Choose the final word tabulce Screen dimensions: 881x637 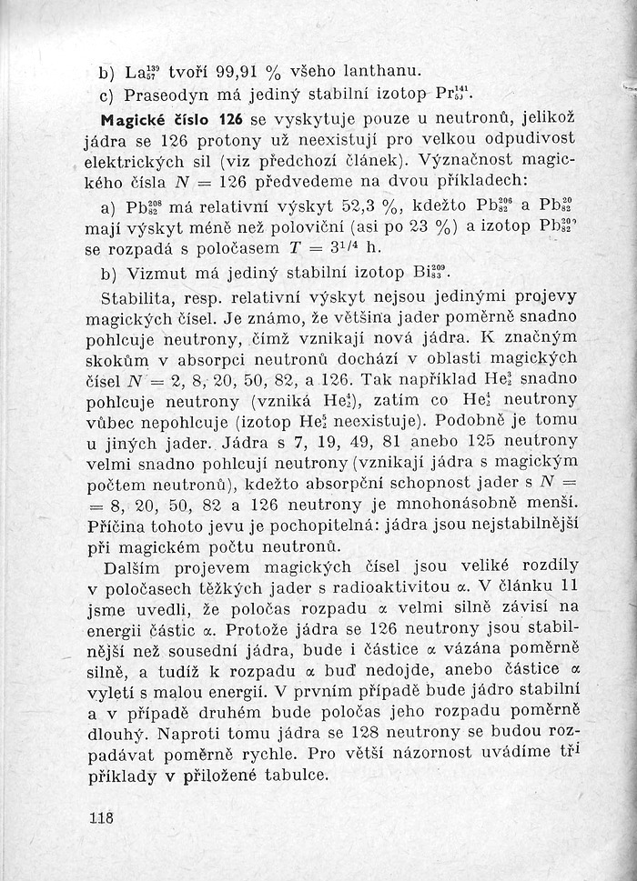click(x=293, y=777)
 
